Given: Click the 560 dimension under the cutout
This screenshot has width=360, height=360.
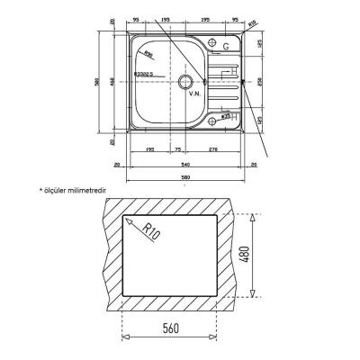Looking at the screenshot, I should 172,328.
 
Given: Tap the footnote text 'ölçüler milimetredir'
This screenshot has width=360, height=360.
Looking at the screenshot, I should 76,191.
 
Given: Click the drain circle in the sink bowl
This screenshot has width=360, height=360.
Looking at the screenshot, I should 188,82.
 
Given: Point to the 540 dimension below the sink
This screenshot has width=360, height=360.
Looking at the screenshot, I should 186,165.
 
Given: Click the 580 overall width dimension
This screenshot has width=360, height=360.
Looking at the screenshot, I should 186,176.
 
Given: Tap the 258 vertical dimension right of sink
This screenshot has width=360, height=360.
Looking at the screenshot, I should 258,80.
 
